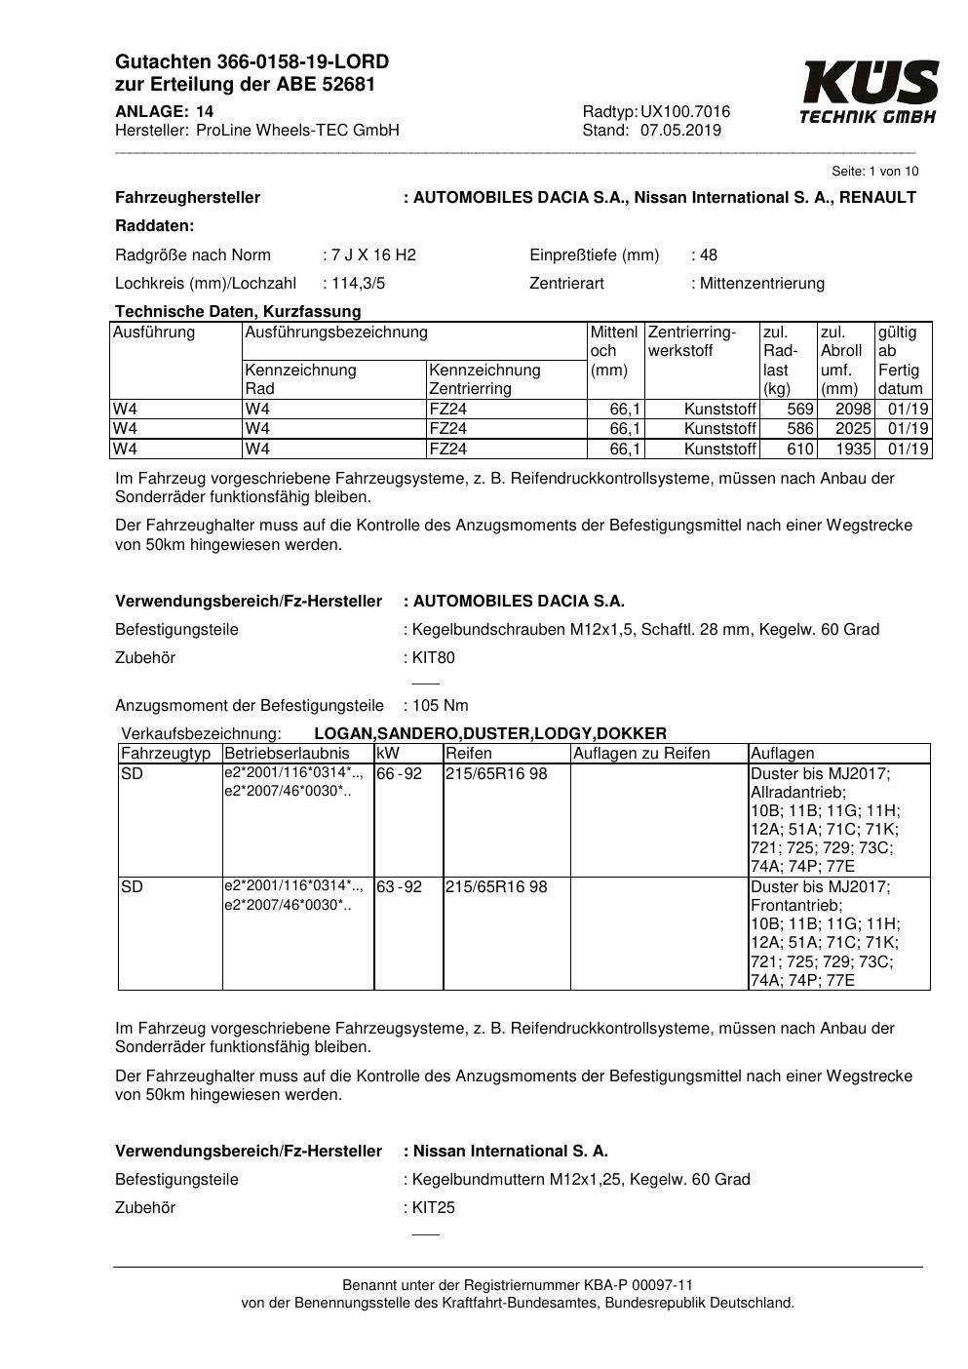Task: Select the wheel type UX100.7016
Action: [685, 112]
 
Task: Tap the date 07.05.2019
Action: [680, 131]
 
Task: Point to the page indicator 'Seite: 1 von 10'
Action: [874, 172]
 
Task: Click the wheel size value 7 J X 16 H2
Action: [373, 255]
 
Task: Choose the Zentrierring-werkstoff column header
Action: [692, 341]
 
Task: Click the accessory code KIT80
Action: [433, 658]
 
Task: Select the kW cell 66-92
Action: [400, 774]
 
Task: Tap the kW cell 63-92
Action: [400, 887]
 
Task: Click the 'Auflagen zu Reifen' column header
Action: [641, 754]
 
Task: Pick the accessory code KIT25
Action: [433, 1208]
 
